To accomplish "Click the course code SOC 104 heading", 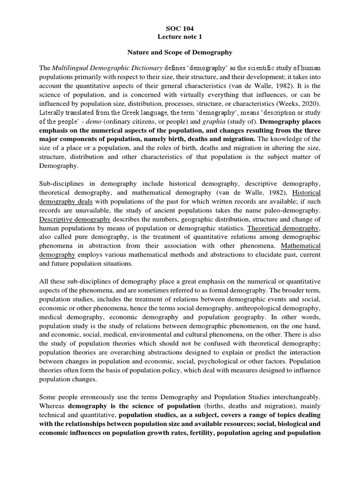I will pyautogui.click(x=180, y=28).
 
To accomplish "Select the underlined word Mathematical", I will pyautogui.click(x=300, y=245).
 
